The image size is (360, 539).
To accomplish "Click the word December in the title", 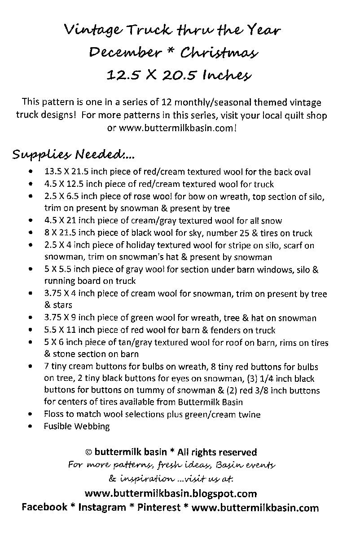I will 125,53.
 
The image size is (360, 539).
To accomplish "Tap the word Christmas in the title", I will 219,53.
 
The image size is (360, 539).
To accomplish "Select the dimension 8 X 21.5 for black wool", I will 64,233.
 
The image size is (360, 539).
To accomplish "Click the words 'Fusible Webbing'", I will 77,426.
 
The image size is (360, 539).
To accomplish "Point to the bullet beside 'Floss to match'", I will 30,414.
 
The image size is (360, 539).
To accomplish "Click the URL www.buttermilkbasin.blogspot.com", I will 171,494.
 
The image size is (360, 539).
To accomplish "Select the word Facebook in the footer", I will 44,508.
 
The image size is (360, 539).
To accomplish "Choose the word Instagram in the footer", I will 102,508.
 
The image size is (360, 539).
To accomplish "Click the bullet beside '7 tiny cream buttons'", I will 30,367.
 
